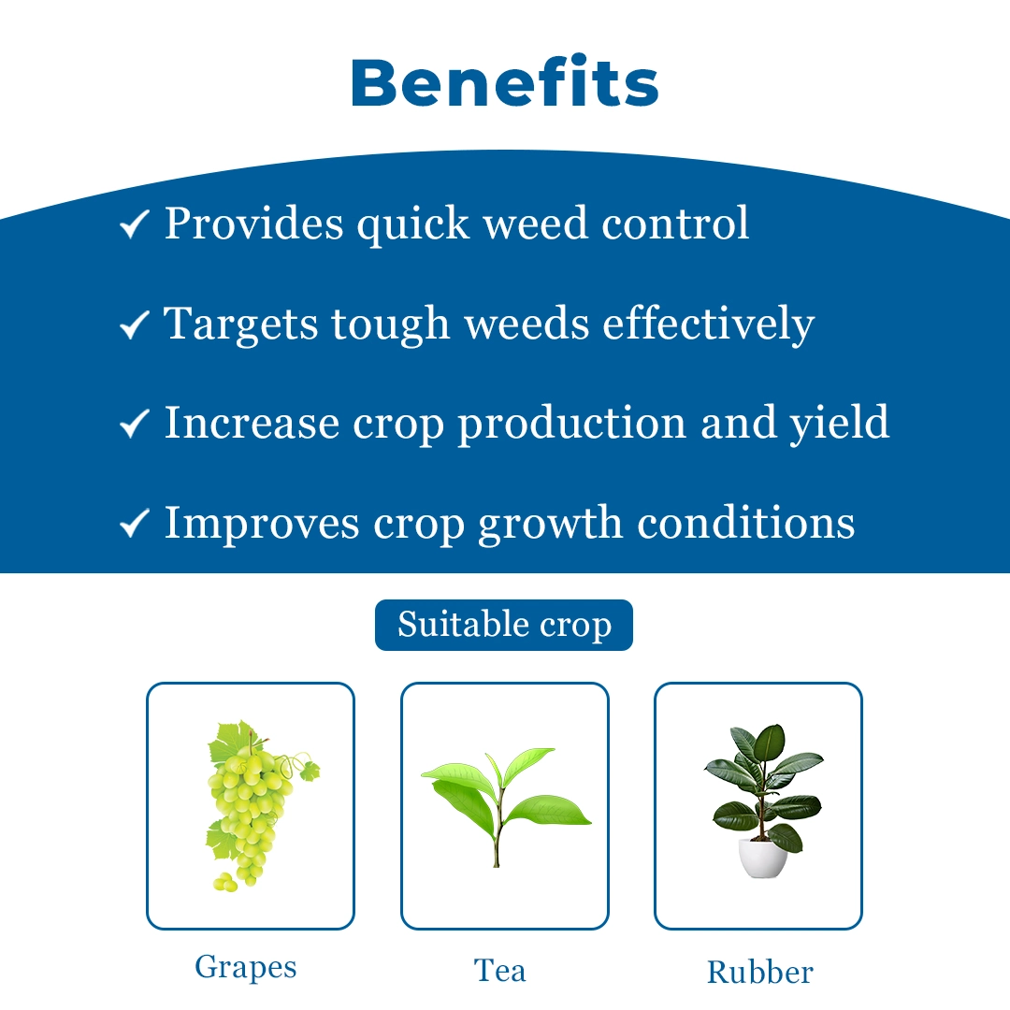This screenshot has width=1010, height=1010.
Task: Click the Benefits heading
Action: (504, 81)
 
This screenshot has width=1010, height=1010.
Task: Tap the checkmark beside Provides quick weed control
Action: (135, 224)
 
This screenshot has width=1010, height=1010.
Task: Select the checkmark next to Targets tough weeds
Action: (135, 324)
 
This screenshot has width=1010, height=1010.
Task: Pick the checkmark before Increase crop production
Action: (135, 424)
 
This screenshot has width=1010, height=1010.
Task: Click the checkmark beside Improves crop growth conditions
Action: (135, 523)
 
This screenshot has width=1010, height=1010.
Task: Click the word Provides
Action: (253, 224)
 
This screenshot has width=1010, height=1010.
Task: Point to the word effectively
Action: (709, 324)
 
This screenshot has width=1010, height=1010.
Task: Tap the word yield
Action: (840, 424)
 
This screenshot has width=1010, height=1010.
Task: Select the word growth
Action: (550, 523)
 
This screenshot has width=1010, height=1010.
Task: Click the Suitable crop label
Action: (504, 625)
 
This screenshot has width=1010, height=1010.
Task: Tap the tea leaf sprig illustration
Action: (505, 806)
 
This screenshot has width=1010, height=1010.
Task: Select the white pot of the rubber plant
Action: (763, 858)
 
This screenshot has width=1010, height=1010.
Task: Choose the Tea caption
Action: (499, 971)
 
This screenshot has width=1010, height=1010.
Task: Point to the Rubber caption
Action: (760, 972)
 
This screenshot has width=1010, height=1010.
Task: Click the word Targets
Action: (241, 324)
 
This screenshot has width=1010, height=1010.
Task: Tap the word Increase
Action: (252, 424)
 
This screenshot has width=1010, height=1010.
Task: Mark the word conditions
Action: (746, 523)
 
